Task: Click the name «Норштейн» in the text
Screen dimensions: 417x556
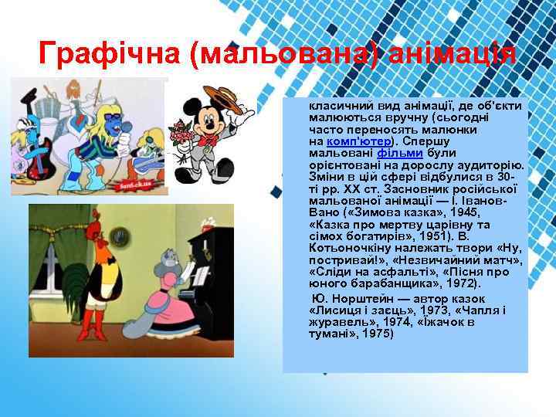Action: (363, 299)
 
